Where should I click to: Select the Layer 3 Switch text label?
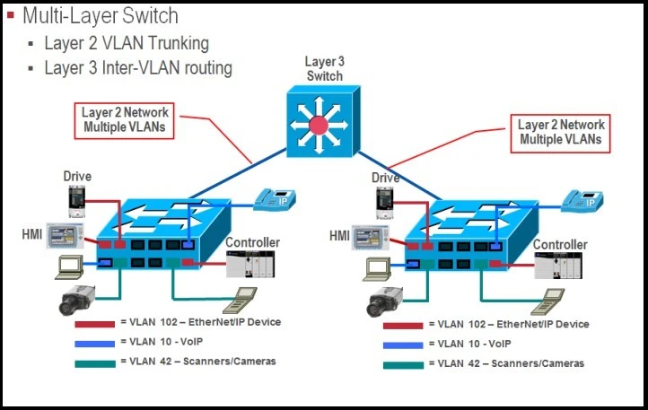[x=324, y=68]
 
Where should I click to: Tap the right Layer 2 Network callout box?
[x=562, y=131]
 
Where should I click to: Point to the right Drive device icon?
[x=384, y=200]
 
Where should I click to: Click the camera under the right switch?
[x=384, y=300]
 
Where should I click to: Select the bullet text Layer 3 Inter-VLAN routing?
[x=138, y=67]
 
